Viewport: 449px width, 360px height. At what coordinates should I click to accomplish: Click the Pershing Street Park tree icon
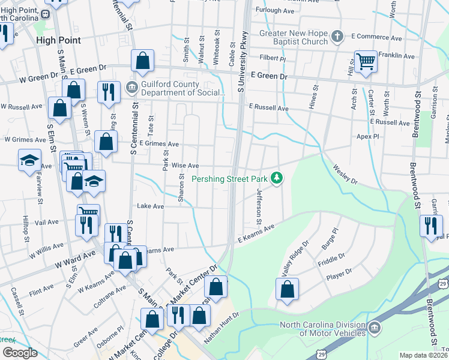click(x=277, y=178)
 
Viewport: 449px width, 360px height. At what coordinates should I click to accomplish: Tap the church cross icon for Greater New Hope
click(x=337, y=37)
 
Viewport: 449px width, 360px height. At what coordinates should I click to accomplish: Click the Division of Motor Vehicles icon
click(x=375, y=328)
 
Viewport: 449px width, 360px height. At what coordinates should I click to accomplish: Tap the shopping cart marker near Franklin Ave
click(x=366, y=61)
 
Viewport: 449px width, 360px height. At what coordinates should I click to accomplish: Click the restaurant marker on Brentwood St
click(x=430, y=226)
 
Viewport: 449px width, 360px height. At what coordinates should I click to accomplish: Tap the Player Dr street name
click(x=337, y=277)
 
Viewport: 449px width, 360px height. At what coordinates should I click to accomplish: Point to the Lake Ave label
click(x=150, y=206)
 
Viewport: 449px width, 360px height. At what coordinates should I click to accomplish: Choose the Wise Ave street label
click(x=185, y=166)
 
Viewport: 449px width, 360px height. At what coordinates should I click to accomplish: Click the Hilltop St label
click(x=26, y=229)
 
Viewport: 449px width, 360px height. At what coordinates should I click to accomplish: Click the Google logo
click(x=20, y=353)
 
